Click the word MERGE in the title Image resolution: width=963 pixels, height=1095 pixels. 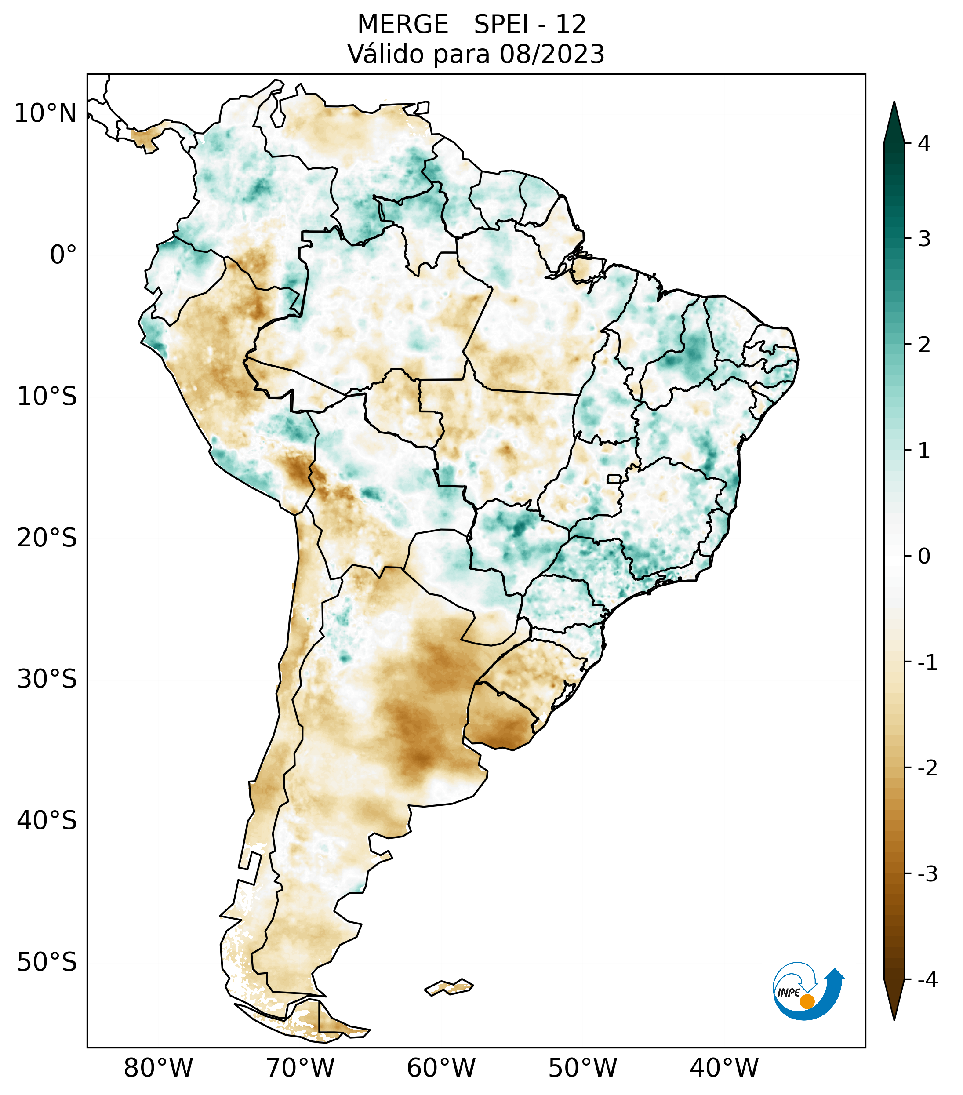[402, 25]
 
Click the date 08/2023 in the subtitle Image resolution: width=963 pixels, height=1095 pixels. [552, 54]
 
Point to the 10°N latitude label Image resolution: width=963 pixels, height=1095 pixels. [45, 113]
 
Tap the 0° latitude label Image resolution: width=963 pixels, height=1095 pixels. [63, 255]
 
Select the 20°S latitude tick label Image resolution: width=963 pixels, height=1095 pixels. [47, 538]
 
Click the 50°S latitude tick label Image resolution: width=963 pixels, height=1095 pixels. [47, 963]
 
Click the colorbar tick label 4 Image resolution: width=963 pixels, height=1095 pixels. [924, 144]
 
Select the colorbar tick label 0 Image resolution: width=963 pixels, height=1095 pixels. [924, 557]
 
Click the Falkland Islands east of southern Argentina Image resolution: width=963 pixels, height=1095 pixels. [450, 987]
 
